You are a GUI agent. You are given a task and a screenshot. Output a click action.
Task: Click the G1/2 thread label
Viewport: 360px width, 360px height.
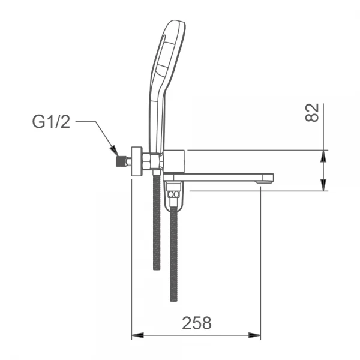pyautogui.click(x=51, y=122)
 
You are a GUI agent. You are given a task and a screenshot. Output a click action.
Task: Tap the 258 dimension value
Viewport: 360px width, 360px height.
pyautogui.click(x=197, y=323)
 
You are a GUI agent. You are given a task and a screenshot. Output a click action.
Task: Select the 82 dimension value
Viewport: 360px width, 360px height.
pyautogui.click(x=312, y=113)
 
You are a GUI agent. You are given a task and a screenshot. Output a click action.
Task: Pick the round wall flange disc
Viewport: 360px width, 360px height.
pyautogui.click(x=137, y=161)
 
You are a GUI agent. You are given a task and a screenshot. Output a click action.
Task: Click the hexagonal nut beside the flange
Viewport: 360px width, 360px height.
pyautogui.click(x=146, y=161)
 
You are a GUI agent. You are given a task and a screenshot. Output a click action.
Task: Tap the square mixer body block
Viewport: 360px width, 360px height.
pyautogui.click(x=174, y=161)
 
